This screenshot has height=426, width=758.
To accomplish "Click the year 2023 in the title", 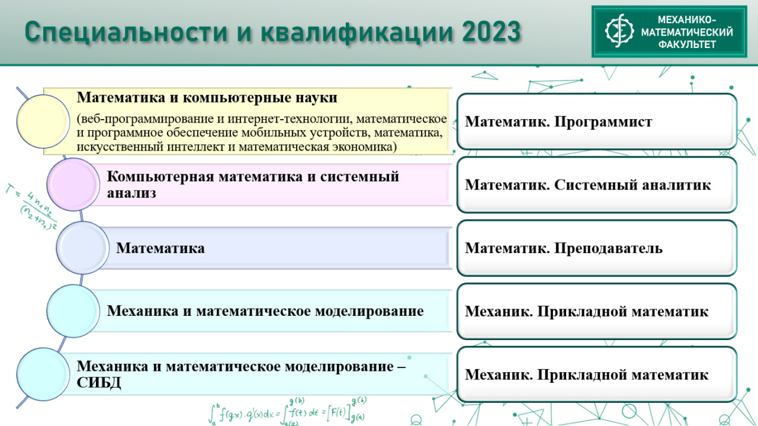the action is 491,31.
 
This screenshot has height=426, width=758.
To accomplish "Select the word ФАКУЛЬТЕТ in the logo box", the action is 687,44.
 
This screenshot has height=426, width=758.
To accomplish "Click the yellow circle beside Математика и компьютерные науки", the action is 43,121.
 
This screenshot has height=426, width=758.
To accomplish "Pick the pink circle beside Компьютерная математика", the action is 73,184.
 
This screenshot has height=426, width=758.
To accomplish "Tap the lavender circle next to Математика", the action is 82,248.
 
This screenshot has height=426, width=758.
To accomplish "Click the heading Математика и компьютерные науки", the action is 207,98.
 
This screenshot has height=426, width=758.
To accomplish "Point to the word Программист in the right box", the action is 603,121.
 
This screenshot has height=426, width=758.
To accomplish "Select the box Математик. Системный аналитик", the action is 597,184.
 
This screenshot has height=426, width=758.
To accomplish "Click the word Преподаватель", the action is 608,248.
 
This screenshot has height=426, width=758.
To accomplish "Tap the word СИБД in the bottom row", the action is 99,383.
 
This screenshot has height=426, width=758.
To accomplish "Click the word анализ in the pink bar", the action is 131,193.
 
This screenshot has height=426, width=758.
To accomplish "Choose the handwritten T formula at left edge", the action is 31,207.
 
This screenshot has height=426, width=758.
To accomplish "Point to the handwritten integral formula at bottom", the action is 288,411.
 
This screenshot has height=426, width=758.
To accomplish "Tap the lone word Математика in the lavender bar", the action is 160,248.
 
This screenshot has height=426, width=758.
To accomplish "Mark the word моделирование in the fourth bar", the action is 369,311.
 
